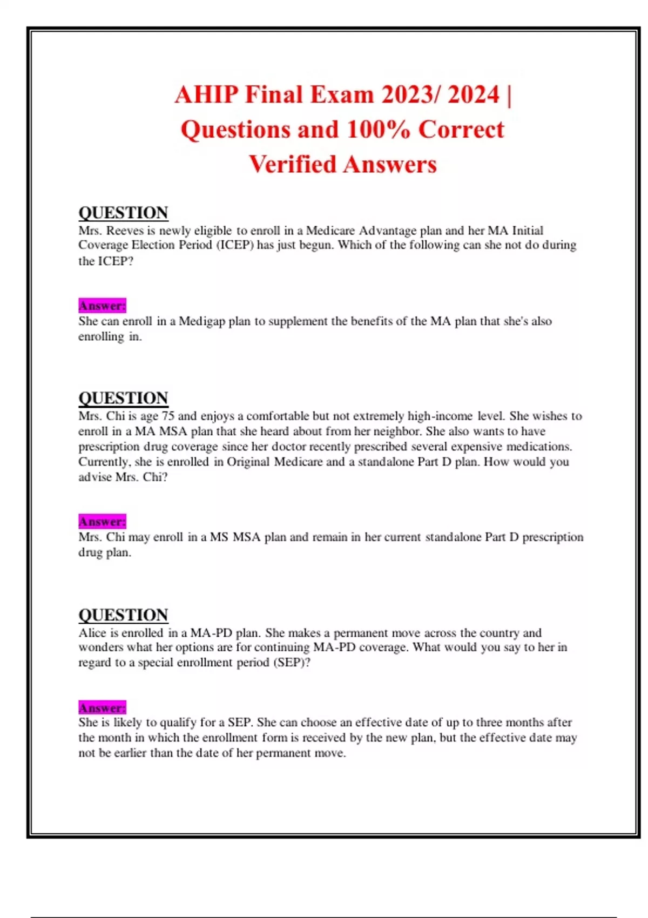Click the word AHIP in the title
206,95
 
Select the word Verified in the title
292,164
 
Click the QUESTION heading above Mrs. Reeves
123,212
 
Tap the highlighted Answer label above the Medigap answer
102,306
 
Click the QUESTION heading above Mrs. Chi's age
123,398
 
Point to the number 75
168,416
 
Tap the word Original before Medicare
248,462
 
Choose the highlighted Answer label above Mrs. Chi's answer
102,522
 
